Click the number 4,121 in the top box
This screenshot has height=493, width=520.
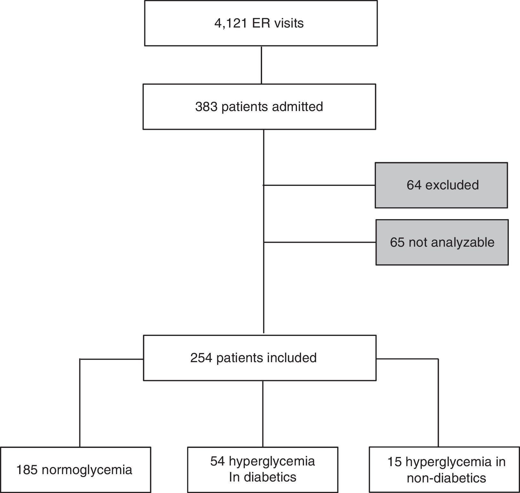pos(230,23)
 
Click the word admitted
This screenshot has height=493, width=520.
pos(297,107)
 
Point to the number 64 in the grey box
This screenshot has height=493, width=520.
pos(414,185)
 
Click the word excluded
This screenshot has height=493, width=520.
pos(452,185)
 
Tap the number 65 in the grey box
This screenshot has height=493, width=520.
pos(397,242)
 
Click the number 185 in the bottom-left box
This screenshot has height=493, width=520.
pos(27,470)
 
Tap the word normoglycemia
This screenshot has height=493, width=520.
pos(87,470)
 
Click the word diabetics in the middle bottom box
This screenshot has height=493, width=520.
pos(270,477)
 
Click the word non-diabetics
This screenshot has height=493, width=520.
pos(446,478)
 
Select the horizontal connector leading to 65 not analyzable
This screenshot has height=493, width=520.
pos(320,243)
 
